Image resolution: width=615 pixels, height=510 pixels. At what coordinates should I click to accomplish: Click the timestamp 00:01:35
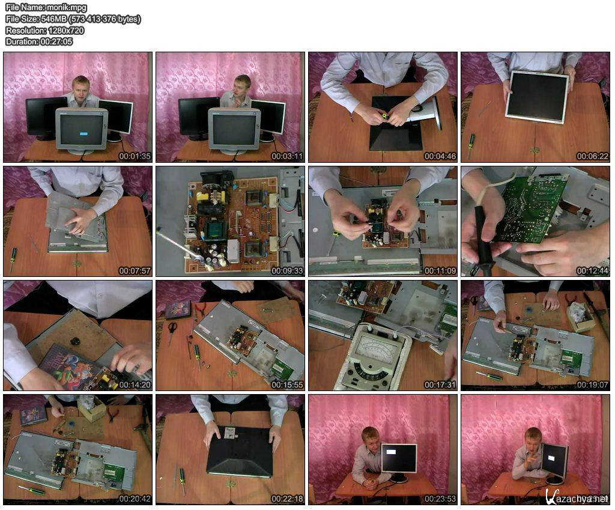pyautogui.click(x=135, y=156)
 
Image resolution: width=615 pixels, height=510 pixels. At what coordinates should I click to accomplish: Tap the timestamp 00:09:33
pyautogui.click(x=287, y=270)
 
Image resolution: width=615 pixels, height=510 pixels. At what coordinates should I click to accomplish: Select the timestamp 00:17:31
pyautogui.click(x=440, y=385)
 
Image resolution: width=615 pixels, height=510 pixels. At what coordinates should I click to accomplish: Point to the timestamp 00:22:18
pyautogui.click(x=287, y=499)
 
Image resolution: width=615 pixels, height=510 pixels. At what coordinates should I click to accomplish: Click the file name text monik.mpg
pyautogui.click(x=66, y=7)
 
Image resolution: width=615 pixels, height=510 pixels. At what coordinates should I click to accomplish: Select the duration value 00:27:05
pyautogui.click(x=56, y=41)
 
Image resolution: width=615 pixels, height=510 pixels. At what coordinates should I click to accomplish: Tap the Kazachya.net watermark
pyautogui.click(x=576, y=497)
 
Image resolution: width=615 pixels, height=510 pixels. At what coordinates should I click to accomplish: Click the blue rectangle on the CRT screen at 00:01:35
pyautogui.click(x=83, y=134)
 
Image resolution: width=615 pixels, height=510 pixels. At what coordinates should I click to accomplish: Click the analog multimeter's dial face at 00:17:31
pyautogui.click(x=375, y=347)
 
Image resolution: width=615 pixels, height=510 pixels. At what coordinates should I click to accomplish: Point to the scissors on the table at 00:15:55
pyautogui.click(x=172, y=332)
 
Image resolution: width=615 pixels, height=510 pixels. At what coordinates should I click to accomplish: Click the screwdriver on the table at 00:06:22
pyautogui.click(x=470, y=145)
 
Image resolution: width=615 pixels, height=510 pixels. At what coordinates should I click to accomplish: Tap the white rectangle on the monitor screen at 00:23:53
pyautogui.click(x=392, y=452)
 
